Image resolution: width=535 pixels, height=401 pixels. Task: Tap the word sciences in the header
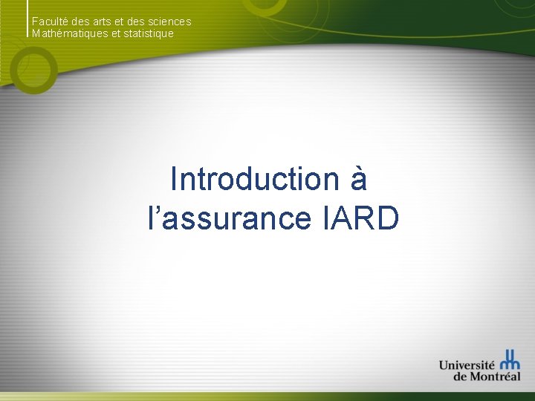169,22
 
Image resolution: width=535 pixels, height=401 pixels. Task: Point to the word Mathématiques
70,33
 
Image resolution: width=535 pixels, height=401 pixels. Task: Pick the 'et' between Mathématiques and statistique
117,33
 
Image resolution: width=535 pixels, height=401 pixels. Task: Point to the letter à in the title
357,179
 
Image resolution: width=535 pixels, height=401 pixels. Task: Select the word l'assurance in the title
230,218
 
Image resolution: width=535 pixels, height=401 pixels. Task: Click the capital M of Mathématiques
36,33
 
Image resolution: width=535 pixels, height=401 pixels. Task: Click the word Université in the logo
467,365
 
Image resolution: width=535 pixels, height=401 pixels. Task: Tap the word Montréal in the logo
494,376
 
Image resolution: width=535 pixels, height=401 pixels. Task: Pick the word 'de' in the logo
460,376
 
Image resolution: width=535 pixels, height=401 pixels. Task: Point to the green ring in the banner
34,74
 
